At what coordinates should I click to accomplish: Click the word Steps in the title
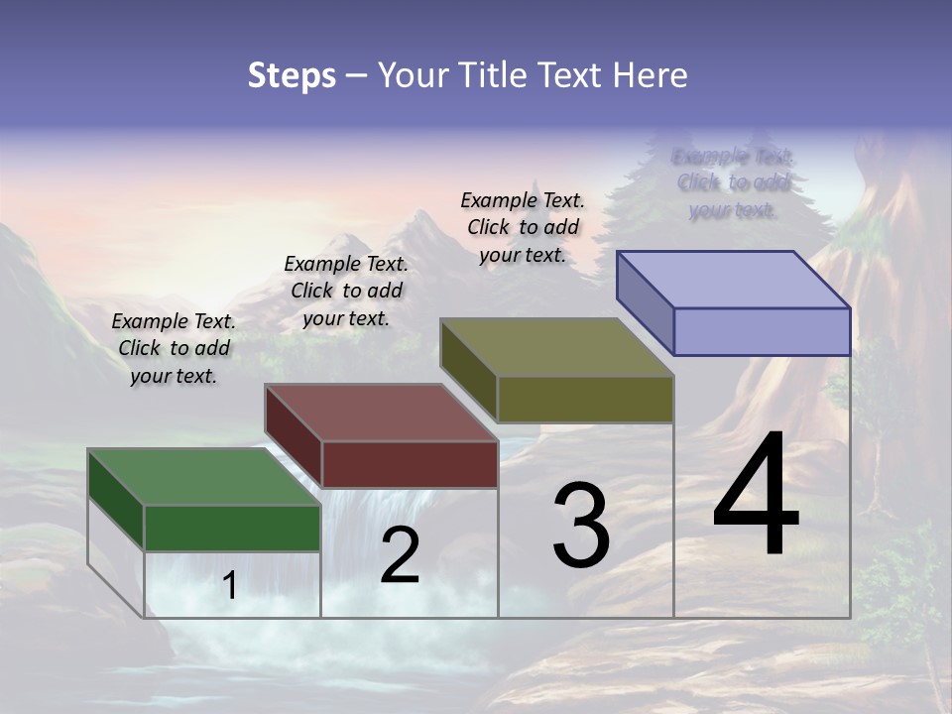coord(292,75)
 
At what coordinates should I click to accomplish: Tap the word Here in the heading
coord(650,75)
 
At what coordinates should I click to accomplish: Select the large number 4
coord(756,498)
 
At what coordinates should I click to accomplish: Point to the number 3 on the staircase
coord(581,526)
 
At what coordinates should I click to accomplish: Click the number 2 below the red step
coord(400,555)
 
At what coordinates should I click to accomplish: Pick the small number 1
coord(230,586)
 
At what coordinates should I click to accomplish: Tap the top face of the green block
coord(203,477)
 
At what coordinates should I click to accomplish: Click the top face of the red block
coord(381,413)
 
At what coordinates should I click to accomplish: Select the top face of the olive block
coord(556,347)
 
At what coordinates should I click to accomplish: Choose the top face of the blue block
coord(734,280)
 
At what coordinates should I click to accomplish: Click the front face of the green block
coord(232,528)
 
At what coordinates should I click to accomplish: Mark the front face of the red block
coord(410,464)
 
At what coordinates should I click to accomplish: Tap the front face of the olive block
coord(585,399)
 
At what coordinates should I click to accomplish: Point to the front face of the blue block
coord(762,331)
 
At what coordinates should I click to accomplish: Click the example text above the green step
coord(174,348)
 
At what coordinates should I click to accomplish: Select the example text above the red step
coord(346,291)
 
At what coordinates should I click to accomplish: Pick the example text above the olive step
coord(523,227)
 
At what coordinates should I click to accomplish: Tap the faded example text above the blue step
coord(733,182)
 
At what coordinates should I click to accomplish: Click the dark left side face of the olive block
coord(468,370)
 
